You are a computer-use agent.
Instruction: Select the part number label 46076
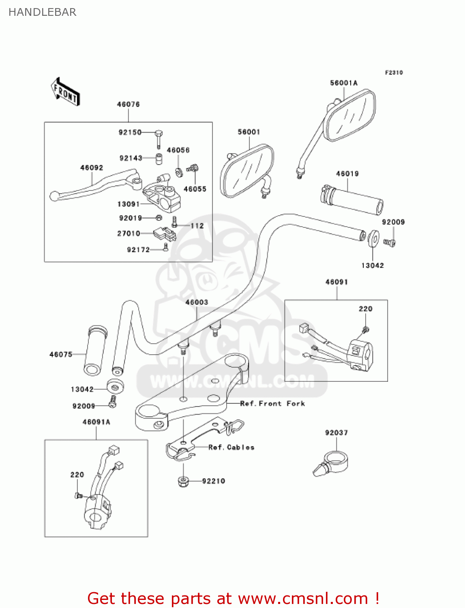(128, 104)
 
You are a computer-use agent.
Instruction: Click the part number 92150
(130, 132)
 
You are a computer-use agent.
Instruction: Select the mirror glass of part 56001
(246, 170)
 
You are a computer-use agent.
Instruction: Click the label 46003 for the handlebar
(197, 302)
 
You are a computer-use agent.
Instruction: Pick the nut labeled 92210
(183, 482)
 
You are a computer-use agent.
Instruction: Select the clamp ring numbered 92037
(332, 464)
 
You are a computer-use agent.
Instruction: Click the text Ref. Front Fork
(272, 403)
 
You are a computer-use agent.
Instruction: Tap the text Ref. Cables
(231, 447)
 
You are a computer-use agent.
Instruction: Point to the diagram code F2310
(394, 73)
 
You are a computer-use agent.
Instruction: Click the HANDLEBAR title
(42, 12)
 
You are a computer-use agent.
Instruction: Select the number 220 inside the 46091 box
(365, 308)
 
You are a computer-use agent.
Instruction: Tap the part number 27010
(129, 233)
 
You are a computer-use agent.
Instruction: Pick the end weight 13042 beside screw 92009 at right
(373, 239)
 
